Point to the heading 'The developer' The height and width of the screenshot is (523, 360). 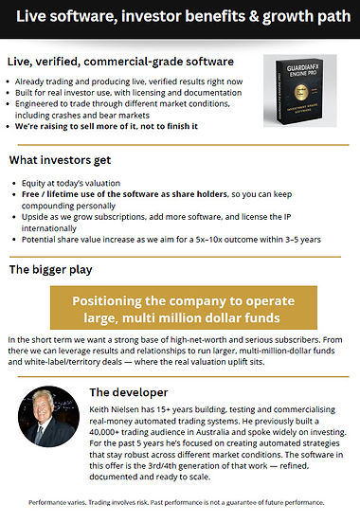point(129,390)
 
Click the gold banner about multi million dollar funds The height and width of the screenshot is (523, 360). point(180,309)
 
